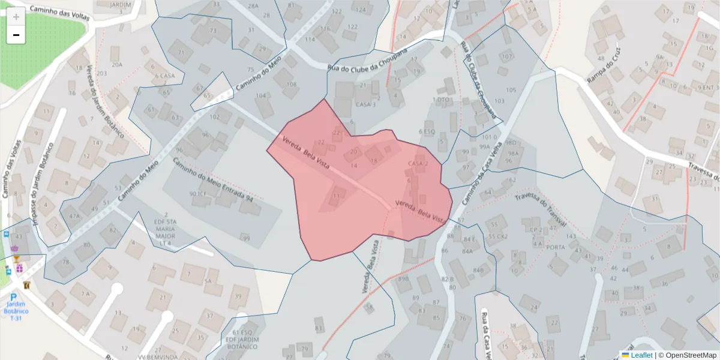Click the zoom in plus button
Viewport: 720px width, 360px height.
(x=16, y=17)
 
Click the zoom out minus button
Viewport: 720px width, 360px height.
(x=16, y=35)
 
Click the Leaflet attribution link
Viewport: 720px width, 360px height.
(x=641, y=355)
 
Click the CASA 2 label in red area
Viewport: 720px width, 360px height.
(x=417, y=164)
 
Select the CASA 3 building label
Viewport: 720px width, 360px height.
(x=365, y=104)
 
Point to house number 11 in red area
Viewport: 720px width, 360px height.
(x=336, y=196)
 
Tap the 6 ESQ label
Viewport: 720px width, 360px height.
(x=426, y=131)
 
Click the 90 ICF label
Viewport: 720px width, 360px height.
(x=198, y=194)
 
